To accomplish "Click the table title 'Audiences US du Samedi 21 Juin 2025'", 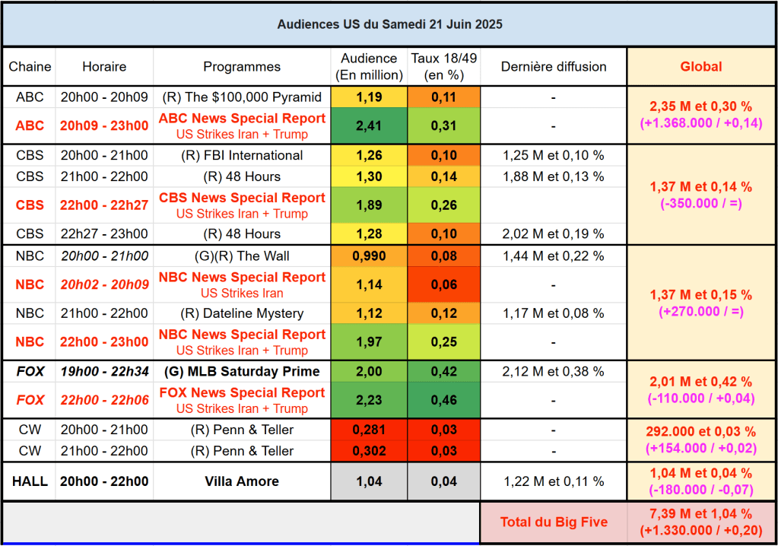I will click(x=389, y=24).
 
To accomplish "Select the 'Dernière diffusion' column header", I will click(x=553, y=67).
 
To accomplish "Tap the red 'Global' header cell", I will click(x=701, y=67).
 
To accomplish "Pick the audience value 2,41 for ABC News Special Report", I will click(x=369, y=125).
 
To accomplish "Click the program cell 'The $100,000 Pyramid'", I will click(x=242, y=97).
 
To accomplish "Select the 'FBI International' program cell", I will click(x=242, y=155).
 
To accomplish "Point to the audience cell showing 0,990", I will click(x=369, y=256).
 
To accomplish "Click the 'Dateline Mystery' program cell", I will click(x=242, y=313).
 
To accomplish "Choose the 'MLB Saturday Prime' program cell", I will click(x=242, y=371).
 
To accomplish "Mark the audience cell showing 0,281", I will click(x=369, y=430).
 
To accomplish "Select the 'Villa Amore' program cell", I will click(x=242, y=481).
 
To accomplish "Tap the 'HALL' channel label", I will click(x=30, y=481).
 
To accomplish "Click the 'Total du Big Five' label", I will click(x=553, y=522).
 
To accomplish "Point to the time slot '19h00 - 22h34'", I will click(x=104, y=371).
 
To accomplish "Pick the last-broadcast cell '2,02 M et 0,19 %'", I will click(x=553, y=233).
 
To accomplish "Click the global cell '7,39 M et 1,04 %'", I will click(x=701, y=515).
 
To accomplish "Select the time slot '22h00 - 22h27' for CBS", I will click(x=104, y=205).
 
